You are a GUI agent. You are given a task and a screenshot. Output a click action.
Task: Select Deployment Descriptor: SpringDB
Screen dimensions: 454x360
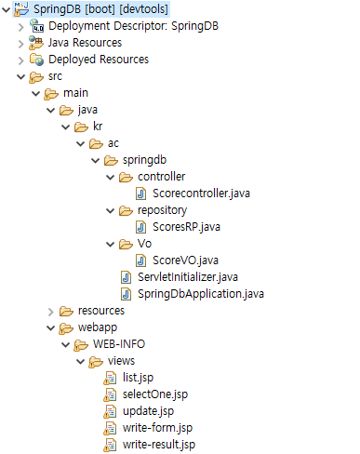point(114,26)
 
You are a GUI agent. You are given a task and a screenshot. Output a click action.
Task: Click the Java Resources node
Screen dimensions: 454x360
point(85,43)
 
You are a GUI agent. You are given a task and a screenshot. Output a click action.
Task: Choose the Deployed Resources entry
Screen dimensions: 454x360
point(98,60)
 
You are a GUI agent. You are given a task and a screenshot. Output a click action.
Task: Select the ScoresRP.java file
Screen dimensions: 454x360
point(185,227)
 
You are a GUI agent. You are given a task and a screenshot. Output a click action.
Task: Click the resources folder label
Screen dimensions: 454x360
point(101,311)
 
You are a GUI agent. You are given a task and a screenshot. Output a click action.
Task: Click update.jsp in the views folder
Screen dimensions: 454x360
point(148,411)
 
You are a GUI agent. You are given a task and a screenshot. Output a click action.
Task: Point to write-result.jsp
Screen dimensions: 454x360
point(159,445)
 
